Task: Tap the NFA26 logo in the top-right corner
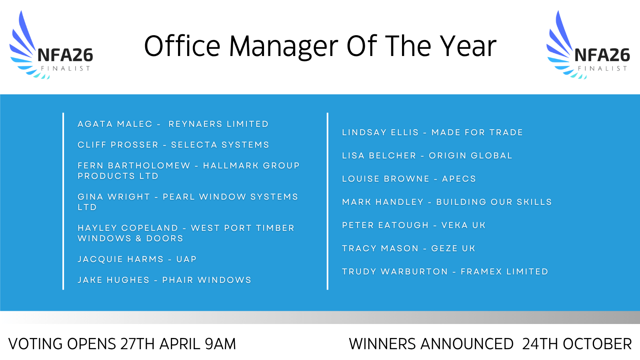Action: tap(588, 45)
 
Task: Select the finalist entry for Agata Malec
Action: tap(173, 124)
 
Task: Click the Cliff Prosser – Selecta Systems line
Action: tap(174, 145)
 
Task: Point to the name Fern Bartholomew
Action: tap(134, 166)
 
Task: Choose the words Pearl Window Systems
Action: tap(230, 197)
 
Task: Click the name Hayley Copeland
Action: tap(128, 228)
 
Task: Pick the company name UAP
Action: tap(186, 259)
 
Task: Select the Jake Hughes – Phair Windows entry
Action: tap(164, 280)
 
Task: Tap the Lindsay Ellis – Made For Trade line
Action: tap(432, 132)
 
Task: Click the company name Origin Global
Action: tap(470, 156)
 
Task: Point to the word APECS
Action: tap(459, 179)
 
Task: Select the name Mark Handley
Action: tap(382, 202)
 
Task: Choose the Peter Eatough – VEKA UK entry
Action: tap(414, 225)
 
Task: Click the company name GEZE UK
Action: tap(453, 248)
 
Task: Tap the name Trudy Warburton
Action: tap(395, 272)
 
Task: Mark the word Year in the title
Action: tap(468, 46)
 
